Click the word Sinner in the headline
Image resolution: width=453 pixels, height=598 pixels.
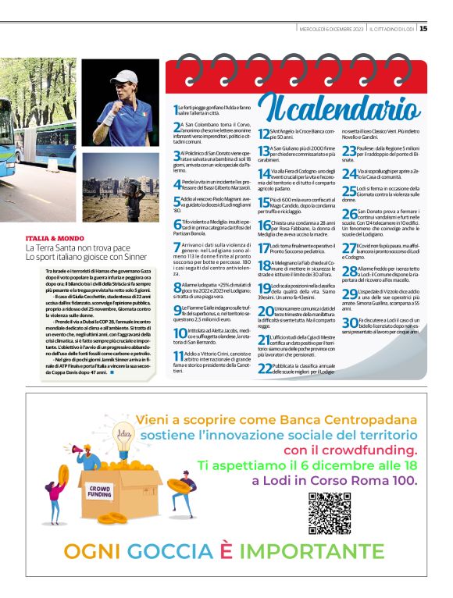click(x=131, y=256)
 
